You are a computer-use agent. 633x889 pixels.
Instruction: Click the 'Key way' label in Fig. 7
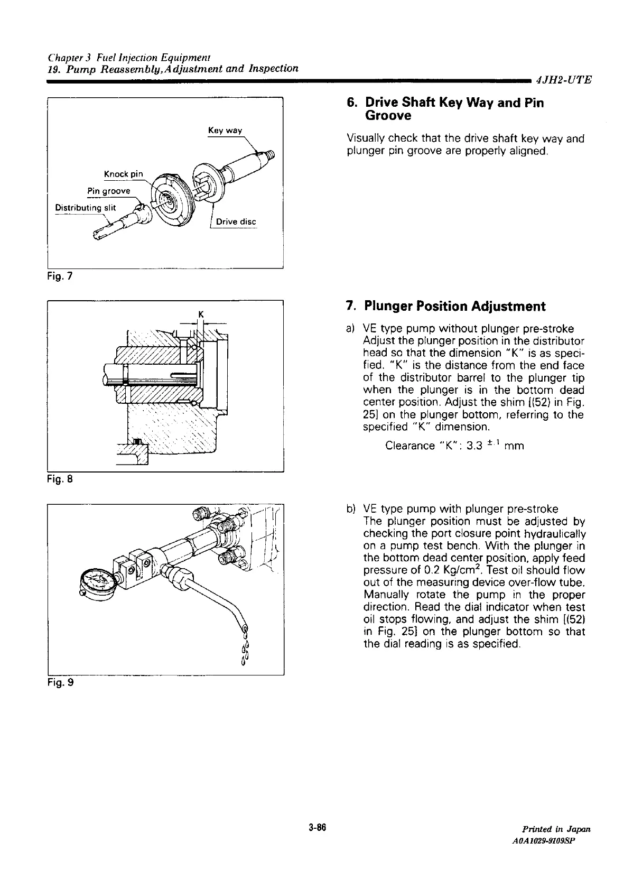coord(224,130)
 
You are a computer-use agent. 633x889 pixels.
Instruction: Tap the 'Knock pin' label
coord(124,174)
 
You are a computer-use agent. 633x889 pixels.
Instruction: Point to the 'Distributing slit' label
coord(85,207)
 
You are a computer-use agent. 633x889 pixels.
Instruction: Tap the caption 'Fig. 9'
coord(59,683)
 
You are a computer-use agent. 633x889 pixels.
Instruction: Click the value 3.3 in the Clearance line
coord(472,446)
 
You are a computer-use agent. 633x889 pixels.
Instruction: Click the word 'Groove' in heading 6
coord(388,115)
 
